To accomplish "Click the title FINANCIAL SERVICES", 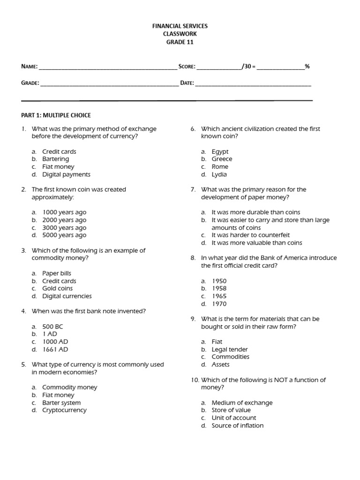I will (180, 26).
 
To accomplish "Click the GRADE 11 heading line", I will (180, 42).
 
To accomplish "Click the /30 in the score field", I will (247, 67).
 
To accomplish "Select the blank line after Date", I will (253, 84).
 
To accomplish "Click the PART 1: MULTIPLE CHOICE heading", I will (56, 115).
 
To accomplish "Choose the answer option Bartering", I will (55, 159).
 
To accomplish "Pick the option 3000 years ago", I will (64, 227).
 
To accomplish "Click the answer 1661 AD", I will (55, 349).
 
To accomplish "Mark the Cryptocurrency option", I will (64, 410).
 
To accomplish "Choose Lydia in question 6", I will (219, 174).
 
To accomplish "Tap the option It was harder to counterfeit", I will (251, 235).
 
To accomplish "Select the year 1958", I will (219, 288).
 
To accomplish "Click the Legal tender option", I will (230, 349).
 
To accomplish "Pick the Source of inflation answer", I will (237, 426).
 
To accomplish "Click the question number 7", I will (193, 189).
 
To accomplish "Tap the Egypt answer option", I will (220, 151).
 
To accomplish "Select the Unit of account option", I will (234, 418).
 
